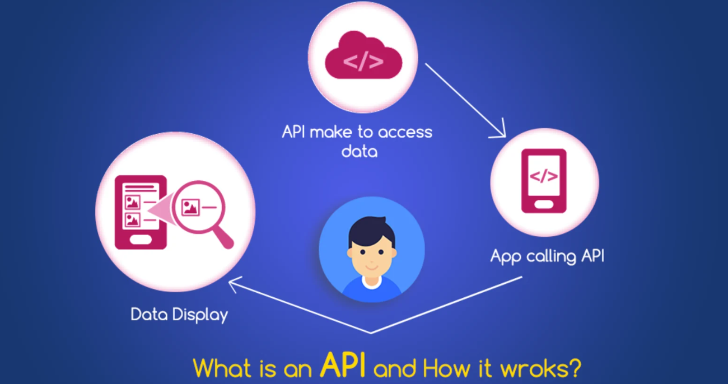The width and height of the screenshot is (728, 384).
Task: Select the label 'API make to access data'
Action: click(357, 141)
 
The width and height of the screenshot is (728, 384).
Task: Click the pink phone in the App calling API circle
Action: click(543, 181)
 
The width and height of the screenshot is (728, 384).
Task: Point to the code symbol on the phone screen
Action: click(543, 176)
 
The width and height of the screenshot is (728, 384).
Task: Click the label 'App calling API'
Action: click(547, 256)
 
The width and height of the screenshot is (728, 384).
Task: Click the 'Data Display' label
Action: click(179, 315)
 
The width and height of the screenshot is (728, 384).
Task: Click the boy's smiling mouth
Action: click(371, 266)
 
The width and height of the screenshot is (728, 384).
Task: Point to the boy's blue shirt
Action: click(371, 289)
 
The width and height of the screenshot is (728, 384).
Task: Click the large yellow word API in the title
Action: click(343, 366)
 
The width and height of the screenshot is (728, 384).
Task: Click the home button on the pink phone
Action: click(543, 205)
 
